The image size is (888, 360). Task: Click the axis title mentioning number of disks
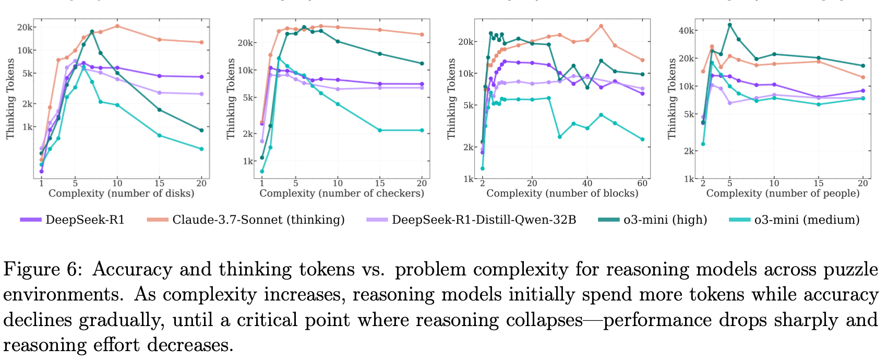[121, 194]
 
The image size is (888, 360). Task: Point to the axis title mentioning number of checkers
[342, 194]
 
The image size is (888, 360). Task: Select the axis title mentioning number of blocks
[562, 194]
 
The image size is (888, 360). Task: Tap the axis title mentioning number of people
[783, 194]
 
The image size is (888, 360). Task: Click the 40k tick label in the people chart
[686, 31]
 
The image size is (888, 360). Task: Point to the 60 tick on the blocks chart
[643, 183]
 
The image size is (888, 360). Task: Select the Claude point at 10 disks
[117, 26]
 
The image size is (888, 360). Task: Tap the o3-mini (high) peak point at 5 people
[730, 25]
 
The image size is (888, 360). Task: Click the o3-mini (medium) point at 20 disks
[201, 149]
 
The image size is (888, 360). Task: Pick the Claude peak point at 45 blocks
[601, 26]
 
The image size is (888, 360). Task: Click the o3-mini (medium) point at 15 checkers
[380, 130]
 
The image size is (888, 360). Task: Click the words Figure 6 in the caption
[42, 270]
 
